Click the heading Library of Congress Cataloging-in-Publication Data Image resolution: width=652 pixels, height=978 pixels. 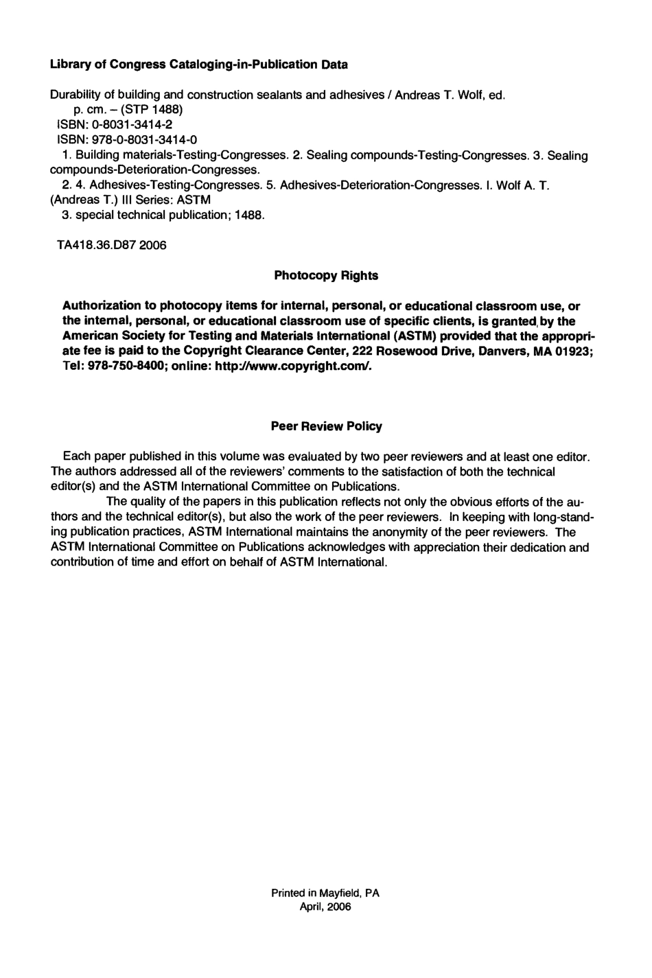pyautogui.click(x=199, y=65)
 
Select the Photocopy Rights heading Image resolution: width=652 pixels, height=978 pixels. pyautogui.click(x=326, y=276)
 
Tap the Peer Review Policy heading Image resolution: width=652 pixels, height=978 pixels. pyautogui.click(x=326, y=426)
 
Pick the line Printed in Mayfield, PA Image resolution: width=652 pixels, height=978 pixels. pyautogui.click(x=325, y=893)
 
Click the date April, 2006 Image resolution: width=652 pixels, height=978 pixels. pyautogui.click(x=325, y=907)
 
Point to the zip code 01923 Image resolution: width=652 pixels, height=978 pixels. pyautogui.click(x=574, y=351)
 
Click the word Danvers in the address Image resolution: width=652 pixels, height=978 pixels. pyautogui.click(x=506, y=351)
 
